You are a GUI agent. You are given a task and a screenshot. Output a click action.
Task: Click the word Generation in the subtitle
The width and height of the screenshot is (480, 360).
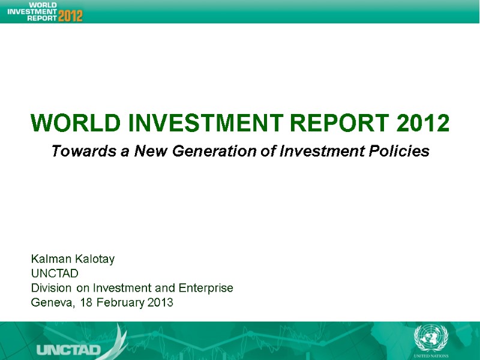coord(218,152)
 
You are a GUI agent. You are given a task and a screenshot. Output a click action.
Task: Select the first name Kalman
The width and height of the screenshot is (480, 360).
coord(51,259)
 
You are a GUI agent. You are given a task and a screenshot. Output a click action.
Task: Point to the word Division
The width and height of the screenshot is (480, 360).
coord(50,288)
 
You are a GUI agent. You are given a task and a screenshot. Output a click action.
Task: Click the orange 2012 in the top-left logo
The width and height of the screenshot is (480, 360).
coord(71,15)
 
